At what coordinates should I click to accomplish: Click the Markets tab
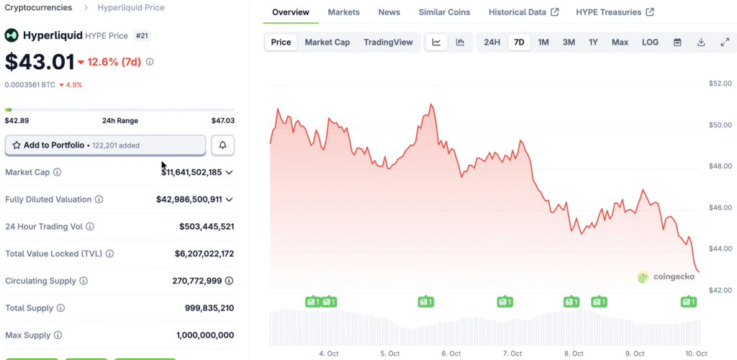(344, 12)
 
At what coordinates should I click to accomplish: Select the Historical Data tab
(523, 12)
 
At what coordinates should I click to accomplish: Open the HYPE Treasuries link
(615, 12)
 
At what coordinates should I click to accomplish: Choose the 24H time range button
(492, 42)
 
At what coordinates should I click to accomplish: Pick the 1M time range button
(543, 42)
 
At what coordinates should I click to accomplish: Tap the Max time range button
(620, 42)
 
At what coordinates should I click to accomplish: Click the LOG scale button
(650, 42)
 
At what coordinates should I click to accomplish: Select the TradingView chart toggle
(388, 42)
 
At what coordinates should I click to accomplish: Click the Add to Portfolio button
(105, 145)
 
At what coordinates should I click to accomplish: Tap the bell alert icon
(222, 145)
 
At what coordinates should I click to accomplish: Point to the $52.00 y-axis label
(720, 84)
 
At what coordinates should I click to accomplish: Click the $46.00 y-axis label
(720, 208)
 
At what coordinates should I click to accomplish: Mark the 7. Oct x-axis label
(512, 354)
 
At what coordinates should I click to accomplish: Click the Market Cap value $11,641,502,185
(191, 173)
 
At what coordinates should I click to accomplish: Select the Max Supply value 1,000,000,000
(205, 336)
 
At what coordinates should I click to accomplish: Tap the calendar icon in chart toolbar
(677, 42)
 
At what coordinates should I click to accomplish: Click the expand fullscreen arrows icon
(725, 42)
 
